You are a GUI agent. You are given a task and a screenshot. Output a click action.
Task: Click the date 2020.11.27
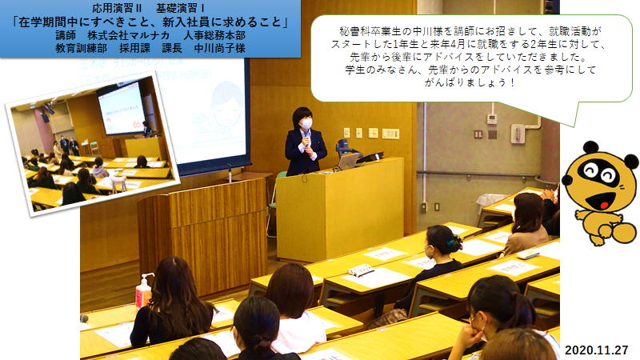tap(596, 350)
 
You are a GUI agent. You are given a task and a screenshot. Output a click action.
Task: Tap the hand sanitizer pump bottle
tap(143, 291)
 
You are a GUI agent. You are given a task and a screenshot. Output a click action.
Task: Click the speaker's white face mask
tap(306, 123)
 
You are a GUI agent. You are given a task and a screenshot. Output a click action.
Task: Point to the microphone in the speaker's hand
tap(306, 138)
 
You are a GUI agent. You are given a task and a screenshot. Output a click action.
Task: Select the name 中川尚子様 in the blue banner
tap(219, 48)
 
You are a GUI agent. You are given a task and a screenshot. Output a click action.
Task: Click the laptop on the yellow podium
tap(347, 162)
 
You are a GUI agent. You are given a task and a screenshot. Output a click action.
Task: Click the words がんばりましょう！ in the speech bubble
tap(470, 82)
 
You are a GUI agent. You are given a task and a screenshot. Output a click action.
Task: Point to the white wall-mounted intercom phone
tap(518, 133)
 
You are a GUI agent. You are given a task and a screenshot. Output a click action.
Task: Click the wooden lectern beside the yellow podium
tap(203, 235)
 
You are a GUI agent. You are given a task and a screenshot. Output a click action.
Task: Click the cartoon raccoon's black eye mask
tap(598, 172)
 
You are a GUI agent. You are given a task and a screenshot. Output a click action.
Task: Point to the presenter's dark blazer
tap(306, 152)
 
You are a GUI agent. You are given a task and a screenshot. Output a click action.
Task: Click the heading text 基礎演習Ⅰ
tap(181, 8)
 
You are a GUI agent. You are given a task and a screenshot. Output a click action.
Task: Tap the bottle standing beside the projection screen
tap(230, 174)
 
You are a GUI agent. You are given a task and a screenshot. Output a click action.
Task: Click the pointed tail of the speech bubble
tap(575, 126)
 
